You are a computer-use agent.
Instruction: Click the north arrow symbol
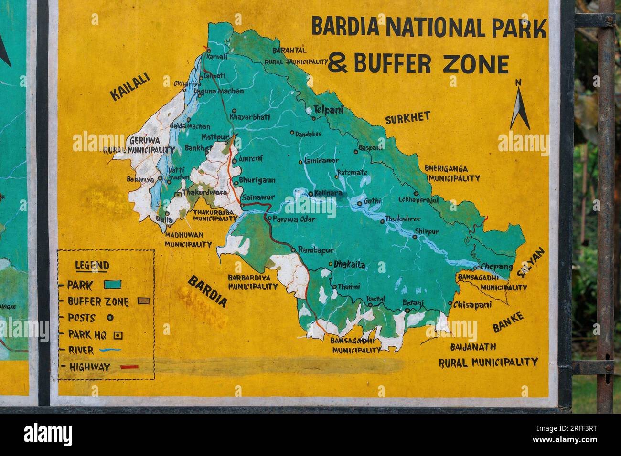click(x=520, y=106)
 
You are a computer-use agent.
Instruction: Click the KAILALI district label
click(x=130, y=87)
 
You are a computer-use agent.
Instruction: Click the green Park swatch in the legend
click(x=112, y=285)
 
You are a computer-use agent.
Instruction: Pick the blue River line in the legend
click(x=110, y=350)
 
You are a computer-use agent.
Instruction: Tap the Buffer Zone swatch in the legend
click(x=143, y=301)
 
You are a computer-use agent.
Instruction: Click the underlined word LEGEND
click(x=92, y=266)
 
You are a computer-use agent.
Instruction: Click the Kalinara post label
click(x=328, y=193)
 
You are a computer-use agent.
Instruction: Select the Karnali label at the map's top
click(x=216, y=57)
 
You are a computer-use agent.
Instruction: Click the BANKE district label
click(x=508, y=322)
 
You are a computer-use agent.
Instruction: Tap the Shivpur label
click(x=426, y=231)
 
